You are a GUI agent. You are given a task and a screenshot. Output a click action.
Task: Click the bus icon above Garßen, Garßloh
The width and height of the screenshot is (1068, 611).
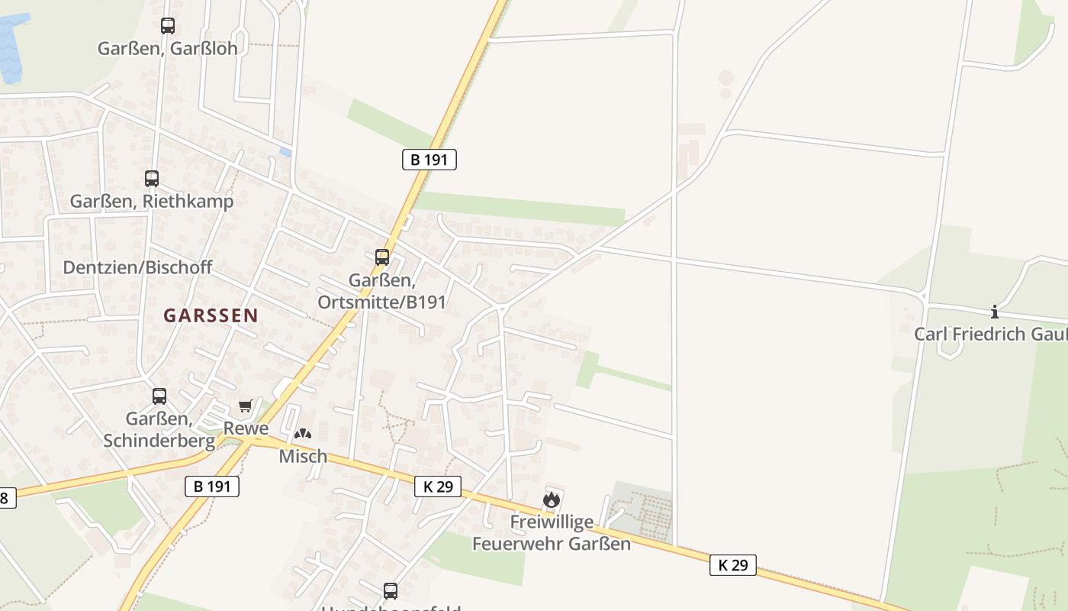168,26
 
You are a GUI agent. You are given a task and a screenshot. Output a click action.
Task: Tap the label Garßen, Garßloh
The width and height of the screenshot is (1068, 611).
168,49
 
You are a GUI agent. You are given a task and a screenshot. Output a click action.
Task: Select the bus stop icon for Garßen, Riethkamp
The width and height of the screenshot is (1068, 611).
152,179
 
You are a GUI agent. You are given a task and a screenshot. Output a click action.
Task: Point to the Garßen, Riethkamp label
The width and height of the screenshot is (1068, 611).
152,202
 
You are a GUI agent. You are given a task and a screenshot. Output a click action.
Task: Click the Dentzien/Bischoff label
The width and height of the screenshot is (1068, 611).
137,267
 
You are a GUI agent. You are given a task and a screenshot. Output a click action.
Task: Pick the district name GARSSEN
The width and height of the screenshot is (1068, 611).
211,315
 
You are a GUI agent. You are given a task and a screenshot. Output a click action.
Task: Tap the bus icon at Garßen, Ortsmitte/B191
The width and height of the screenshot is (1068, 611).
382,257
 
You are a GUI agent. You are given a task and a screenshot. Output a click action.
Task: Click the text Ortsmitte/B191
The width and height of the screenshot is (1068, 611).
381,302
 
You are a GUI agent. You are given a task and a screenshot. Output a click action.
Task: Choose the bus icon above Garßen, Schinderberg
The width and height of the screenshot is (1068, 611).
159,396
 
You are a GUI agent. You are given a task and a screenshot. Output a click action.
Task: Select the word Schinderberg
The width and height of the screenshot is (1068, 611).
159,441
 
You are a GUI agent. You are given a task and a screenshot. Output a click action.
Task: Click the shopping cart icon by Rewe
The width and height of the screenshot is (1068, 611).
245,406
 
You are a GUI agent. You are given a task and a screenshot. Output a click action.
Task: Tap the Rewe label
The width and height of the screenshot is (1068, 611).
246,428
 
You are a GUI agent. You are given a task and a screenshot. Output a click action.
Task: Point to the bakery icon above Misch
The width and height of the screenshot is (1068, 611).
303,434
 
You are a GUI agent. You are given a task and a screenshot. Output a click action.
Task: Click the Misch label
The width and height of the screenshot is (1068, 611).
303,457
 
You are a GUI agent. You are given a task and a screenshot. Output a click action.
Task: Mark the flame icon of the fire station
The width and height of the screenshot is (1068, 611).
551,500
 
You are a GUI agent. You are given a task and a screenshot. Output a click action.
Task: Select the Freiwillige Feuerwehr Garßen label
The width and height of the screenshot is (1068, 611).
552,533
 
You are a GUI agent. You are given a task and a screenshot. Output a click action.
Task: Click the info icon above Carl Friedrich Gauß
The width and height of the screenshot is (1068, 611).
995,312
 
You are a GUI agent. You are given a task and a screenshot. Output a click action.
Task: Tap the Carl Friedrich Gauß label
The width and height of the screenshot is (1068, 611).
990,334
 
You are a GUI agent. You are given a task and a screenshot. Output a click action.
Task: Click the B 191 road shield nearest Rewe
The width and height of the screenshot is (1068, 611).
212,487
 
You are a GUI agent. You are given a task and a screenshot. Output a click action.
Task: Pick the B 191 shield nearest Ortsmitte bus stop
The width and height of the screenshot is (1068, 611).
429,160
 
